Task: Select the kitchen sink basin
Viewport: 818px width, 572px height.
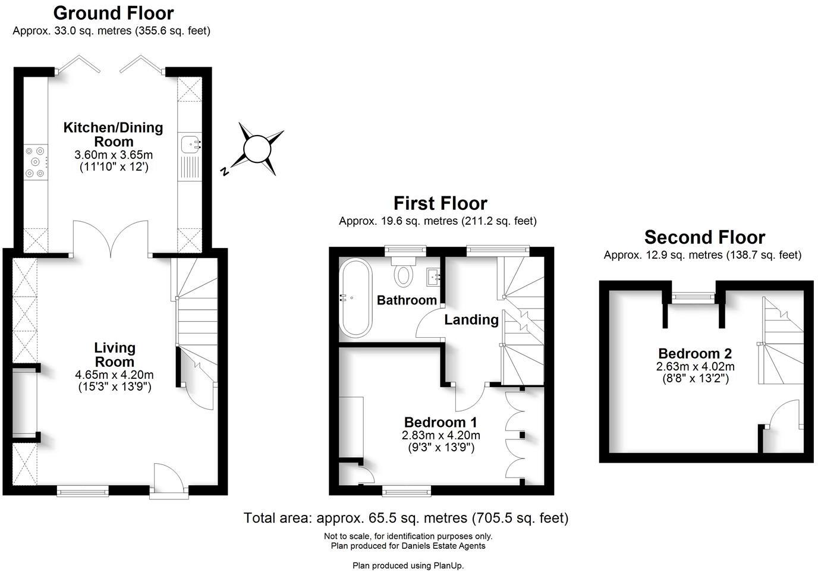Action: pyautogui.click(x=190, y=143)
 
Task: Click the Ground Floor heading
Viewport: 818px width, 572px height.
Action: pyautogui.click(x=113, y=13)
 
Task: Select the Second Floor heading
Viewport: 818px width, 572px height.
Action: pyautogui.click(x=704, y=237)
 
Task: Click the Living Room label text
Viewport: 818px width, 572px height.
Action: pyautogui.click(x=115, y=355)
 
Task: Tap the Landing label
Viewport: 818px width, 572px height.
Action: pyautogui.click(x=471, y=320)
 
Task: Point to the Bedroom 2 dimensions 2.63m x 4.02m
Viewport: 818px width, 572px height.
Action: pyautogui.click(x=695, y=366)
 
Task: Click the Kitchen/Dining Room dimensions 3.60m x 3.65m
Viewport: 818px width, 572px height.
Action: pyautogui.click(x=114, y=155)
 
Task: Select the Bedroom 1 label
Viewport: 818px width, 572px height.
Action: pyautogui.click(x=441, y=422)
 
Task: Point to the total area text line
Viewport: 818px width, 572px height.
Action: pyautogui.click(x=406, y=518)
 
